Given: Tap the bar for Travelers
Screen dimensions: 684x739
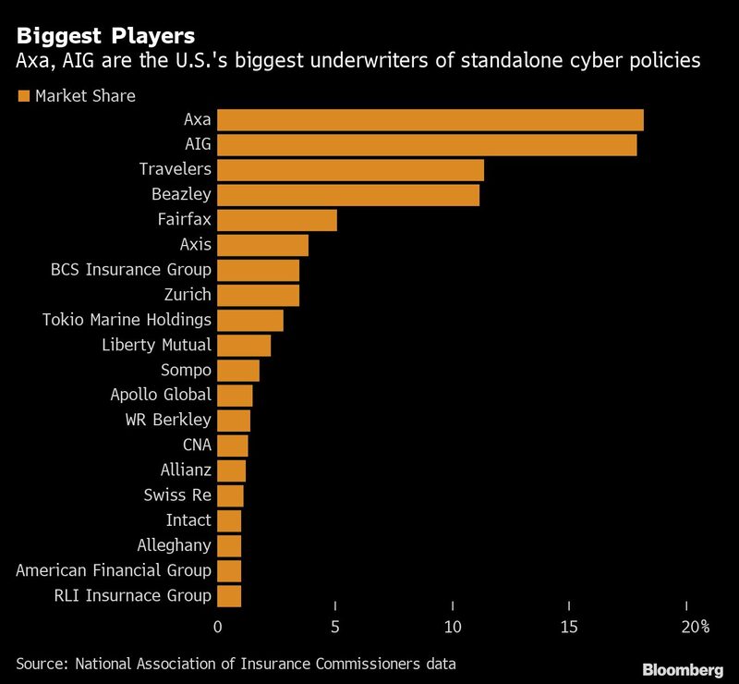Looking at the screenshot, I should click(350, 170).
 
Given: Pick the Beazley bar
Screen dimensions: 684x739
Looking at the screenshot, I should click(347, 195).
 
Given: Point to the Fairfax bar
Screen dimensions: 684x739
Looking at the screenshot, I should click(276, 220).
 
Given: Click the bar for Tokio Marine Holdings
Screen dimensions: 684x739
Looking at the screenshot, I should click(249, 320).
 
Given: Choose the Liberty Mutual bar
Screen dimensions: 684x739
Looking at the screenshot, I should click(243, 345).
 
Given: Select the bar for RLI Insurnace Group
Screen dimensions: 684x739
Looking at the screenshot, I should click(228, 595).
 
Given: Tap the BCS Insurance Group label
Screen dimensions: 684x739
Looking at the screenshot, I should click(131, 270).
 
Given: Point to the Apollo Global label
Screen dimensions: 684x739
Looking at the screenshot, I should click(162, 395).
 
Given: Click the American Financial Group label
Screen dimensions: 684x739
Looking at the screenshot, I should click(114, 570).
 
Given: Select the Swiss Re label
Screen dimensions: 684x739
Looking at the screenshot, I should click(177, 495).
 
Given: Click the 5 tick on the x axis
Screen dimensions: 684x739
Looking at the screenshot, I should click(335, 628).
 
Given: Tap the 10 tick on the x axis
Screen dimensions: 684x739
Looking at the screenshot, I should click(453, 628).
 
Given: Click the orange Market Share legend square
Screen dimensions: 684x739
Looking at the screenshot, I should click(23, 95).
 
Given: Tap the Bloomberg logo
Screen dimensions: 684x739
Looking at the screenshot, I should click(683, 668).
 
